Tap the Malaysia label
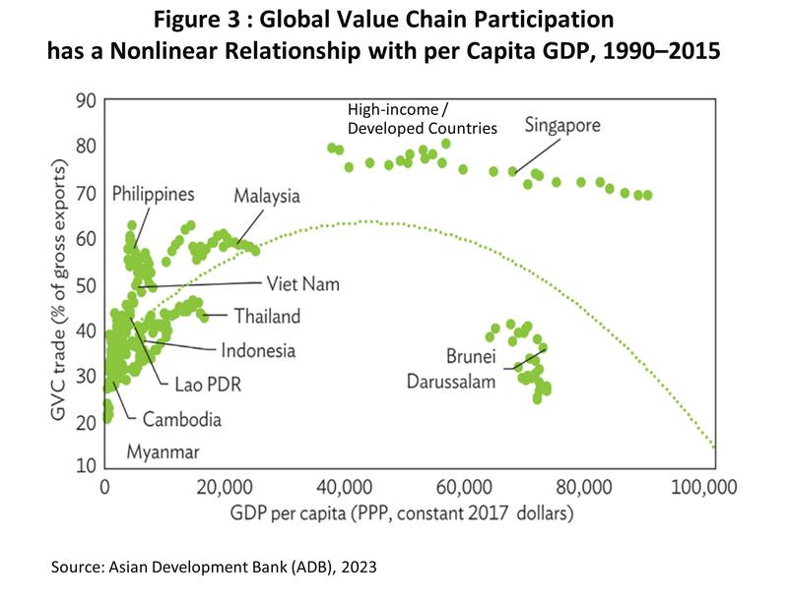(266, 196)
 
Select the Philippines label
(153, 193)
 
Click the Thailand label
(267, 317)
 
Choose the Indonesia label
(258, 349)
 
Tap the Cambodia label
(181, 419)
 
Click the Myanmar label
(163, 452)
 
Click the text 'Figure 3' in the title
(185, 23)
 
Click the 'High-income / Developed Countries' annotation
(421, 118)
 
